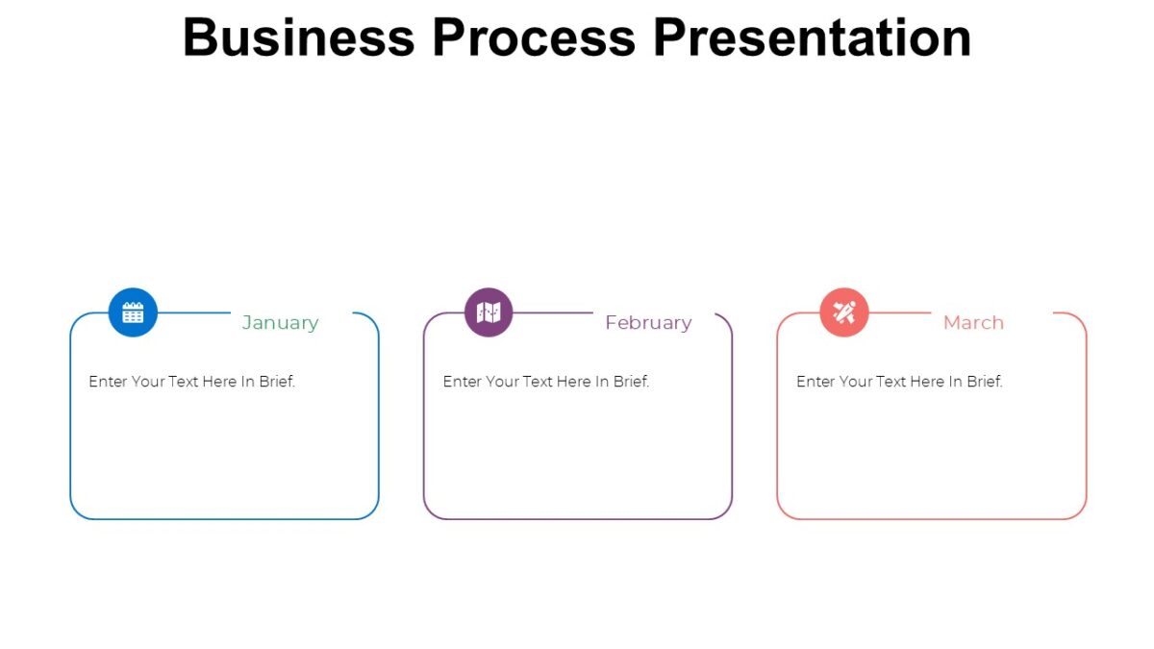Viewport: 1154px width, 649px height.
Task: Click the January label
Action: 280,323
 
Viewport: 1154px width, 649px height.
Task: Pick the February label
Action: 648,323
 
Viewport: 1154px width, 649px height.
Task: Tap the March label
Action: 973,323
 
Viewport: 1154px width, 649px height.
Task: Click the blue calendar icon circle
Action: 133,312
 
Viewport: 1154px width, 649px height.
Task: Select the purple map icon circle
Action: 489,312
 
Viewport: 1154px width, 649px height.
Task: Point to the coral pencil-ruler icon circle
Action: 844,312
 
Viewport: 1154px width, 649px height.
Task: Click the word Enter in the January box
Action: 108,382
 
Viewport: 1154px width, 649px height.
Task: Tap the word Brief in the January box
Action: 277,382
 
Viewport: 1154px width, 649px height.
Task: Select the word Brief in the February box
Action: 631,382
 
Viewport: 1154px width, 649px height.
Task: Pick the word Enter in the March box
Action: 815,382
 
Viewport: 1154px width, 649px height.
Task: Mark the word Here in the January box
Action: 219,382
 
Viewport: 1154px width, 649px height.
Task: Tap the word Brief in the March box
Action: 985,382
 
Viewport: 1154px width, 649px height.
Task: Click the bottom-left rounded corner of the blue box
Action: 77,512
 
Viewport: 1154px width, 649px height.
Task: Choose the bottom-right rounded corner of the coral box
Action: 1079,512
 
